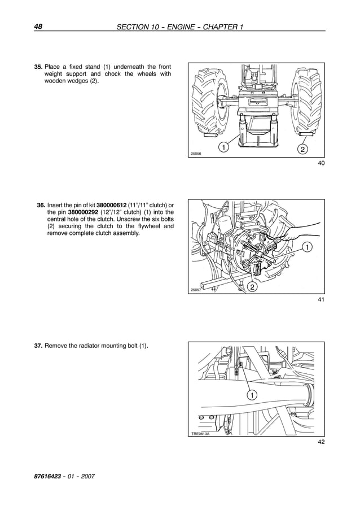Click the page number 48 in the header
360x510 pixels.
pos(39,26)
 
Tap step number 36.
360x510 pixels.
pos(41,204)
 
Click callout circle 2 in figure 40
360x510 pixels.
pos(303,149)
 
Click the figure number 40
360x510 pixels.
pos(321,164)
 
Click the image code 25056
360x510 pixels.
pos(196,154)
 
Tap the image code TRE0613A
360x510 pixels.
pos(200,433)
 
